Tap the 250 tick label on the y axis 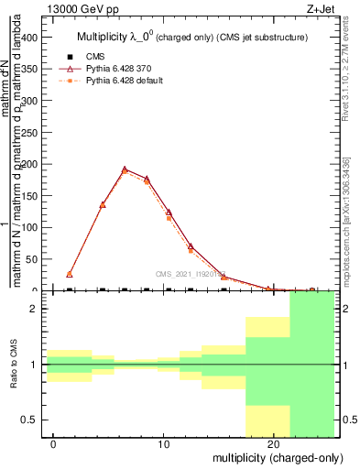tap(29, 133)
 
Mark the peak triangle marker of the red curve tap(125, 169)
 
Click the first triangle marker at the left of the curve tap(70, 274)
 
